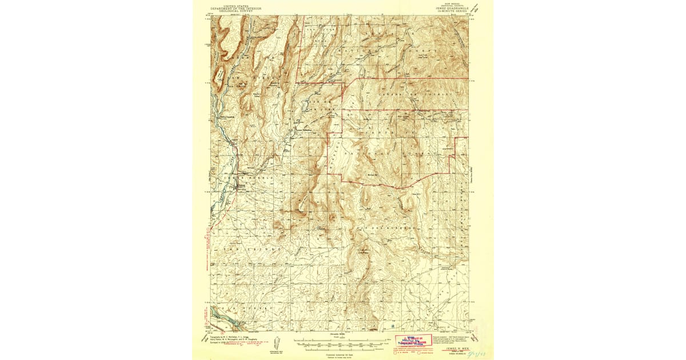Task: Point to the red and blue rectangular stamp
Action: [413, 341]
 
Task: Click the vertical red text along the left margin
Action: [206, 251]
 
